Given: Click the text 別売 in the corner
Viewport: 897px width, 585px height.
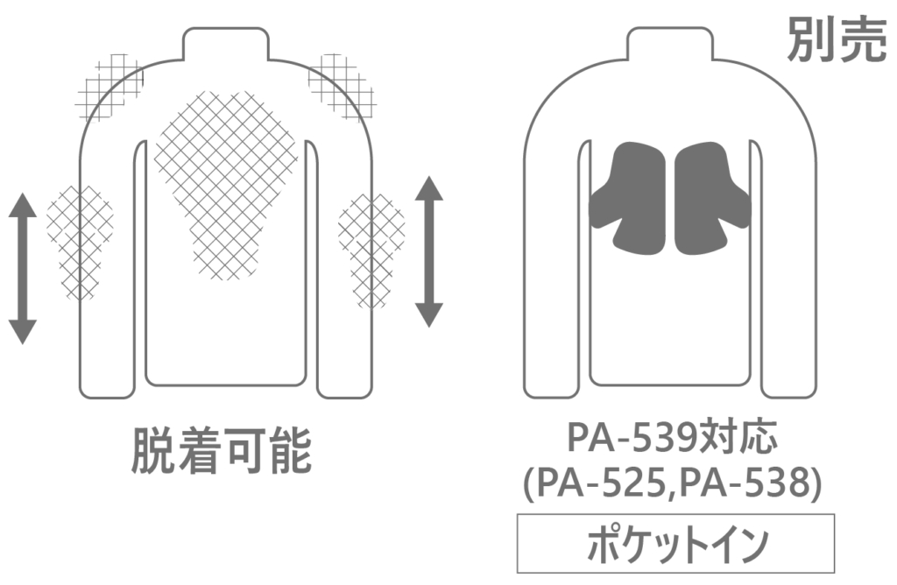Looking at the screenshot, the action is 837,39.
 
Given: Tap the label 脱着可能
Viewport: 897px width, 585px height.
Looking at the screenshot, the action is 222,451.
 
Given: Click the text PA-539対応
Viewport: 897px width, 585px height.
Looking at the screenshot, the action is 673,437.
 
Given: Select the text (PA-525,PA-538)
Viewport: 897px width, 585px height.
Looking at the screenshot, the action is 673,483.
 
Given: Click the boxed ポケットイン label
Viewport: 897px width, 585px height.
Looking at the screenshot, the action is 675,544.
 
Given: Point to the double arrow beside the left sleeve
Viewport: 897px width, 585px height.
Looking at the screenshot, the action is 23,269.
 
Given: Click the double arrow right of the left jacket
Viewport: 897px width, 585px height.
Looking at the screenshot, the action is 429,251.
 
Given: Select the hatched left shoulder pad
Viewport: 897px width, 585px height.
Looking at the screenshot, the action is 109,87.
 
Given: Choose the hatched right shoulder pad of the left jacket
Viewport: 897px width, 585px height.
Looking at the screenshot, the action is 343,86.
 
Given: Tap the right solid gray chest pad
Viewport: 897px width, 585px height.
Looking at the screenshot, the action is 711,197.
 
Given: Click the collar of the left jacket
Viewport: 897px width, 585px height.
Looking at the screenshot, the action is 225,44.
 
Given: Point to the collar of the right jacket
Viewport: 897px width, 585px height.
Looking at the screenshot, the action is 670,44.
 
